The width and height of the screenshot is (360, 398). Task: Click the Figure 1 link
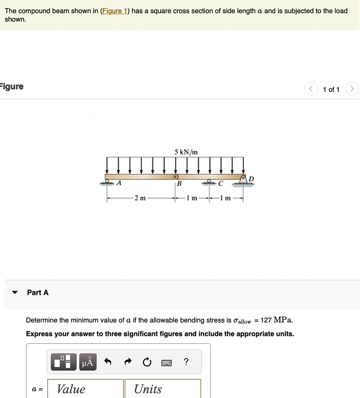(115, 11)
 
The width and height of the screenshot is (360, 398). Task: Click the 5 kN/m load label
(186, 152)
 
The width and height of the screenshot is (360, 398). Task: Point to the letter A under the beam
(119, 184)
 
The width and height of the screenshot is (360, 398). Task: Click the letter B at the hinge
(179, 184)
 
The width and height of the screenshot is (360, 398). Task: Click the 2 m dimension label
(140, 198)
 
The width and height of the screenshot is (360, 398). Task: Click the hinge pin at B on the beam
(176, 177)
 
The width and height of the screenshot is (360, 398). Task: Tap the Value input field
(85, 389)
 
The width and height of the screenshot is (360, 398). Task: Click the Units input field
(163, 389)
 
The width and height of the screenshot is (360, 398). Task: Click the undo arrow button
(108, 362)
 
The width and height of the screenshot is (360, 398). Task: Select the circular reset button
(147, 362)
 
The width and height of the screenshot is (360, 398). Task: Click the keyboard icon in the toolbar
(166, 363)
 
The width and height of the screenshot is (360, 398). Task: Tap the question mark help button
(186, 362)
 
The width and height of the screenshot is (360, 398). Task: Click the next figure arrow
(352, 89)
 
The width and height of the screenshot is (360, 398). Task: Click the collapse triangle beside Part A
(15, 293)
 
